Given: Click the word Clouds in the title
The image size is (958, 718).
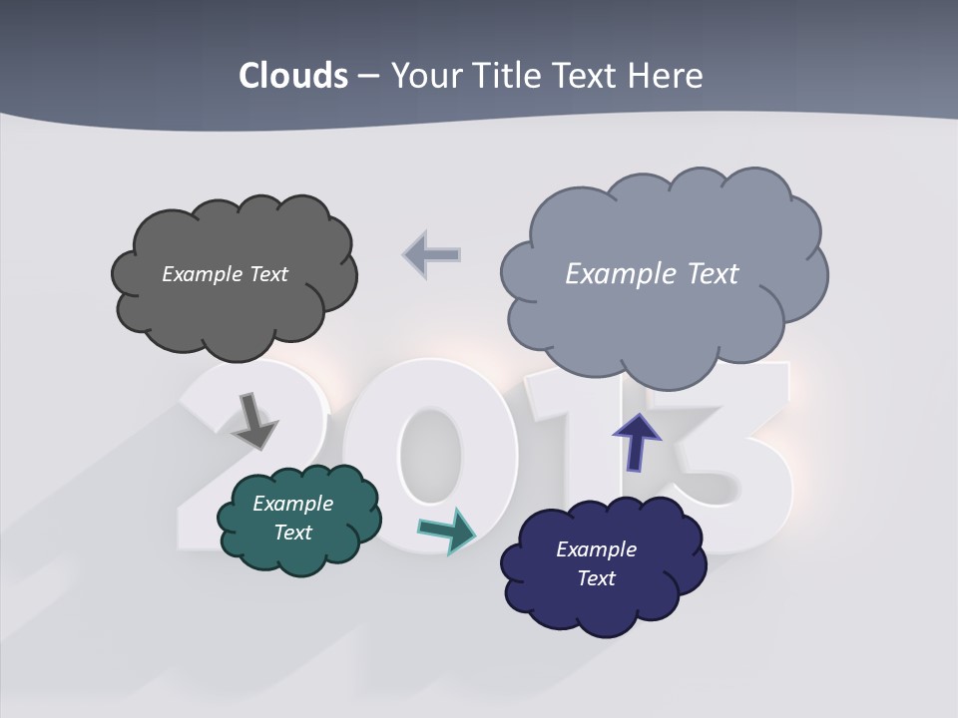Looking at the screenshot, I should tap(293, 76).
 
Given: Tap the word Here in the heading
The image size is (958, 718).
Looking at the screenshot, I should tap(665, 76).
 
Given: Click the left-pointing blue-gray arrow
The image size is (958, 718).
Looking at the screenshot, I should tap(432, 254).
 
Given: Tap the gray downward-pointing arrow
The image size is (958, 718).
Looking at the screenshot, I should tap(255, 420).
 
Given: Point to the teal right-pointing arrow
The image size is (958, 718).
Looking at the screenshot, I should tap(446, 530).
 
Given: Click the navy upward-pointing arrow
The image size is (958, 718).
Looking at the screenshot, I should tap(636, 442).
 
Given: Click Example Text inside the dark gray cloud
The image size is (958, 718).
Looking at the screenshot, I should tap(225, 274).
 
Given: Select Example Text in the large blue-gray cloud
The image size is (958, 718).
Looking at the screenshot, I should tap(652, 274).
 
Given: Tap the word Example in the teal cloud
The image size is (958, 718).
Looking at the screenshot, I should tap(292, 504).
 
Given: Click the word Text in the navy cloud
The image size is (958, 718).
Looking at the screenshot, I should tap(596, 578).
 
